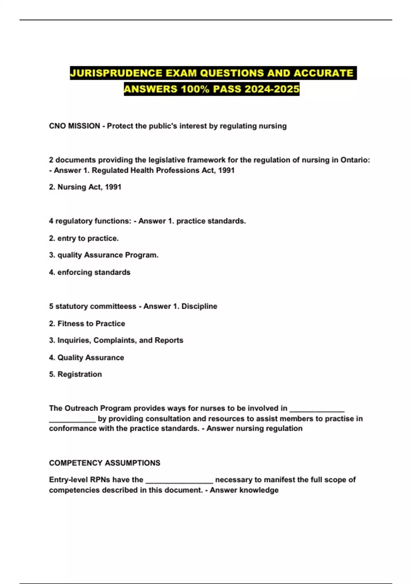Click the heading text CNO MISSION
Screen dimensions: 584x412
[x=75, y=126]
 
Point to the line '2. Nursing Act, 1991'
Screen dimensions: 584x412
[x=85, y=187]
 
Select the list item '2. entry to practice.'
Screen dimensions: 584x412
[x=84, y=238]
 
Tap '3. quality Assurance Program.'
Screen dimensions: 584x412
[x=104, y=255]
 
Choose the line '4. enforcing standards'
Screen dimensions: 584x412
[x=90, y=272]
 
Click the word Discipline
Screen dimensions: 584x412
[x=199, y=306]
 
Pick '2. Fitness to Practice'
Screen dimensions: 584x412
[x=87, y=324]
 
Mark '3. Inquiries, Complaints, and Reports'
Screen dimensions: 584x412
[x=116, y=340]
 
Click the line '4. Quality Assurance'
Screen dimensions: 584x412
[x=87, y=358]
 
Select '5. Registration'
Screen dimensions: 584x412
[x=76, y=374]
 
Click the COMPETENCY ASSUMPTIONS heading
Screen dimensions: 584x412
[x=105, y=463]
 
